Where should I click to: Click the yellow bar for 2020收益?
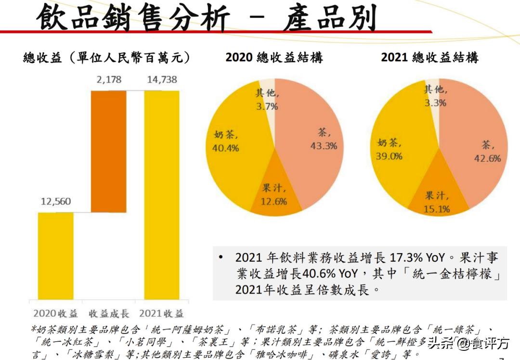56,255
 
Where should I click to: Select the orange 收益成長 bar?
109,151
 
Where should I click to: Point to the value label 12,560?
56,202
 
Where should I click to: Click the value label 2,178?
109,80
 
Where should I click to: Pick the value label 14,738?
162,80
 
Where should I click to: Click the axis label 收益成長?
109,314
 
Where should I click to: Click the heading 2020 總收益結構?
274,58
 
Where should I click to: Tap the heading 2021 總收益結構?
429,58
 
